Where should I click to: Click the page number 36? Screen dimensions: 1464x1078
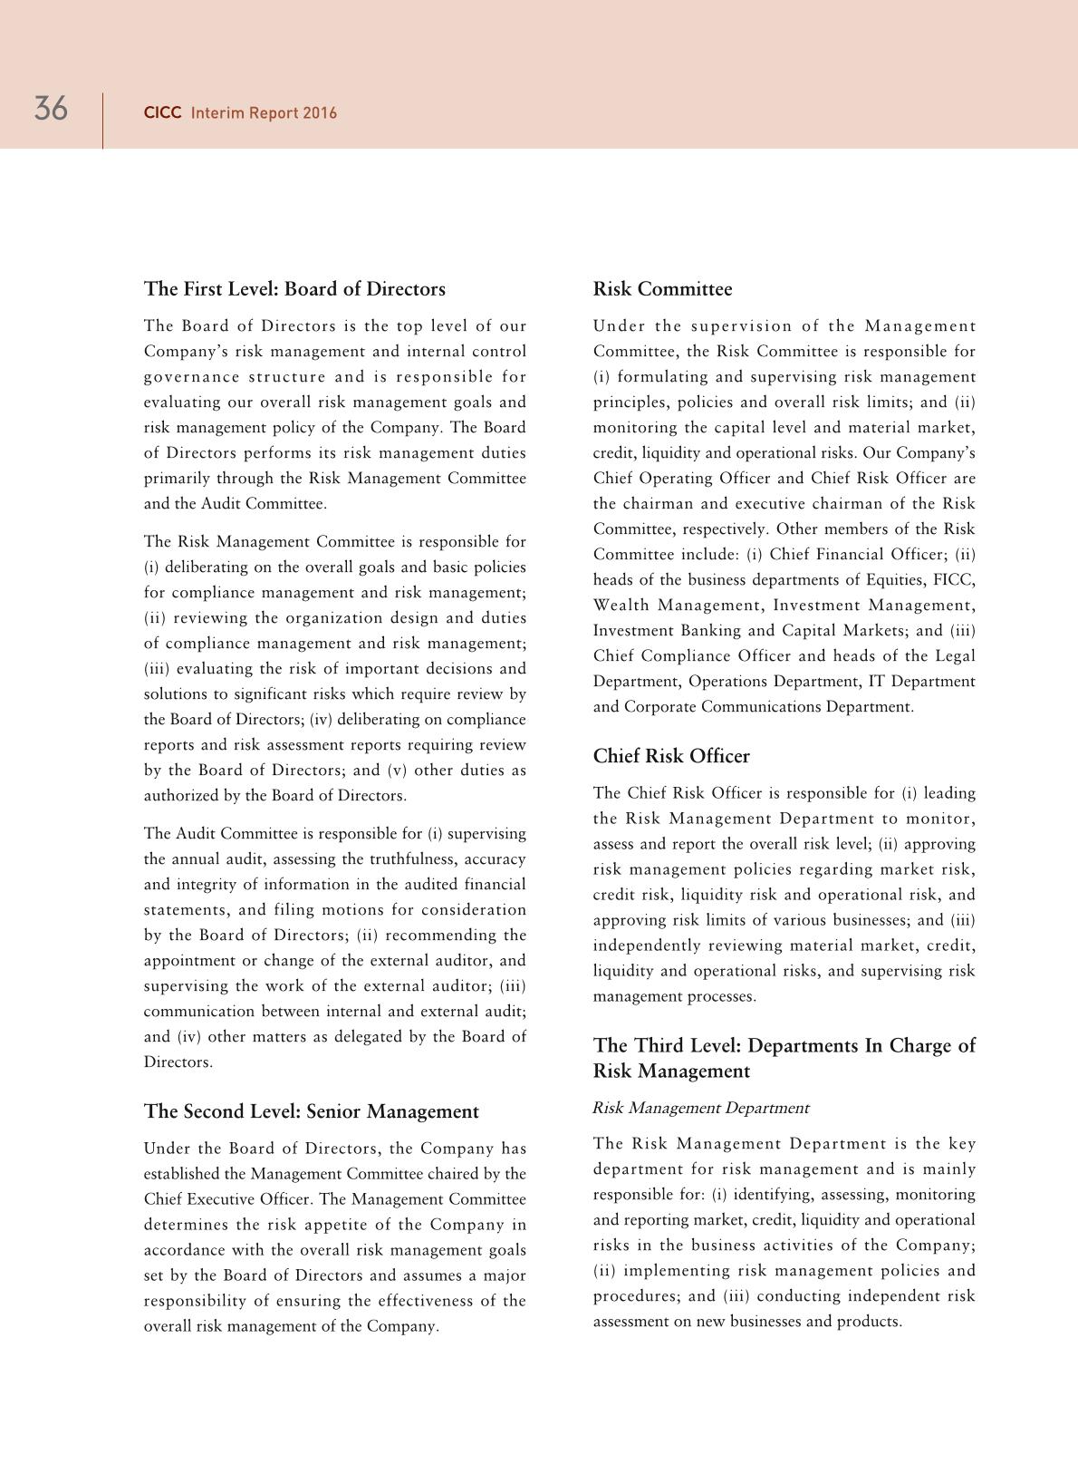(x=51, y=109)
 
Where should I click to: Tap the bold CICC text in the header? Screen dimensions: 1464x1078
(x=163, y=113)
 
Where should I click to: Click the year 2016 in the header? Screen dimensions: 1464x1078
(x=321, y=113)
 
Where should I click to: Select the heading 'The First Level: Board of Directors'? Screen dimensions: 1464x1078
(x=294, y=289)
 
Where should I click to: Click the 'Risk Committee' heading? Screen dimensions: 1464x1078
(x=662, y=289)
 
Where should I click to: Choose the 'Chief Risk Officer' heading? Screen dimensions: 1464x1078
(x=671, y=756)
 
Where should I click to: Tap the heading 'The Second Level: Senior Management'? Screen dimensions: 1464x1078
(x=311, y=1111)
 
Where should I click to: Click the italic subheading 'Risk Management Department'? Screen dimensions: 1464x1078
(x=700, y=1108)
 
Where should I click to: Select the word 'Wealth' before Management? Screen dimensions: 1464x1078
(x=621, y=606)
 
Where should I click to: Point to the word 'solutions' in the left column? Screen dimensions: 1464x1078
(x=178, y=694)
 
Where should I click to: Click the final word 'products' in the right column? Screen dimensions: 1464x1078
(x=870, y=1322)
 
